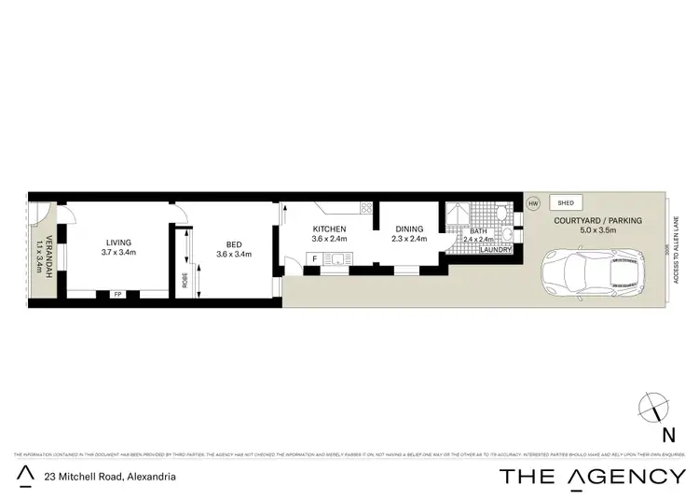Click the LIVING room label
pyautogui.click(x=117, y=240)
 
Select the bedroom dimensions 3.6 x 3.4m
pyautogui.click(x=235, y=253)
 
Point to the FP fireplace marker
pyautogui.click(x=117, y=294)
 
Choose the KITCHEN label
pyautogui.click(x=329, y=229)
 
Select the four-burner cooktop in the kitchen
pyautogui.click(x=366, y=208)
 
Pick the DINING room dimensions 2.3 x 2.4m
pyautogui.click(x=408, y=239)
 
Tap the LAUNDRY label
pyautogui.click(x=493, y=249)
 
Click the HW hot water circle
pyautogui.click(x=533, y=203)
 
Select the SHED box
pyautogui.click(x=564, y=202)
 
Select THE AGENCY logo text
pyautogui.click(x=592, y=476)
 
